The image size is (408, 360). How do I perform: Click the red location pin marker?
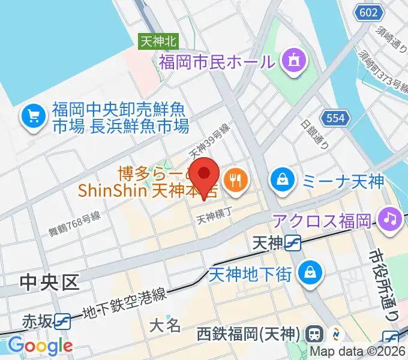pos(205,175)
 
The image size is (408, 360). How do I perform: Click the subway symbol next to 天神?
pos(293,243)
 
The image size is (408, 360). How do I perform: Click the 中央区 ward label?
pos(50,282)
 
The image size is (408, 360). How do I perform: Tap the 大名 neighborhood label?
pos(164,326)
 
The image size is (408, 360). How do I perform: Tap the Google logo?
pos(40,345)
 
